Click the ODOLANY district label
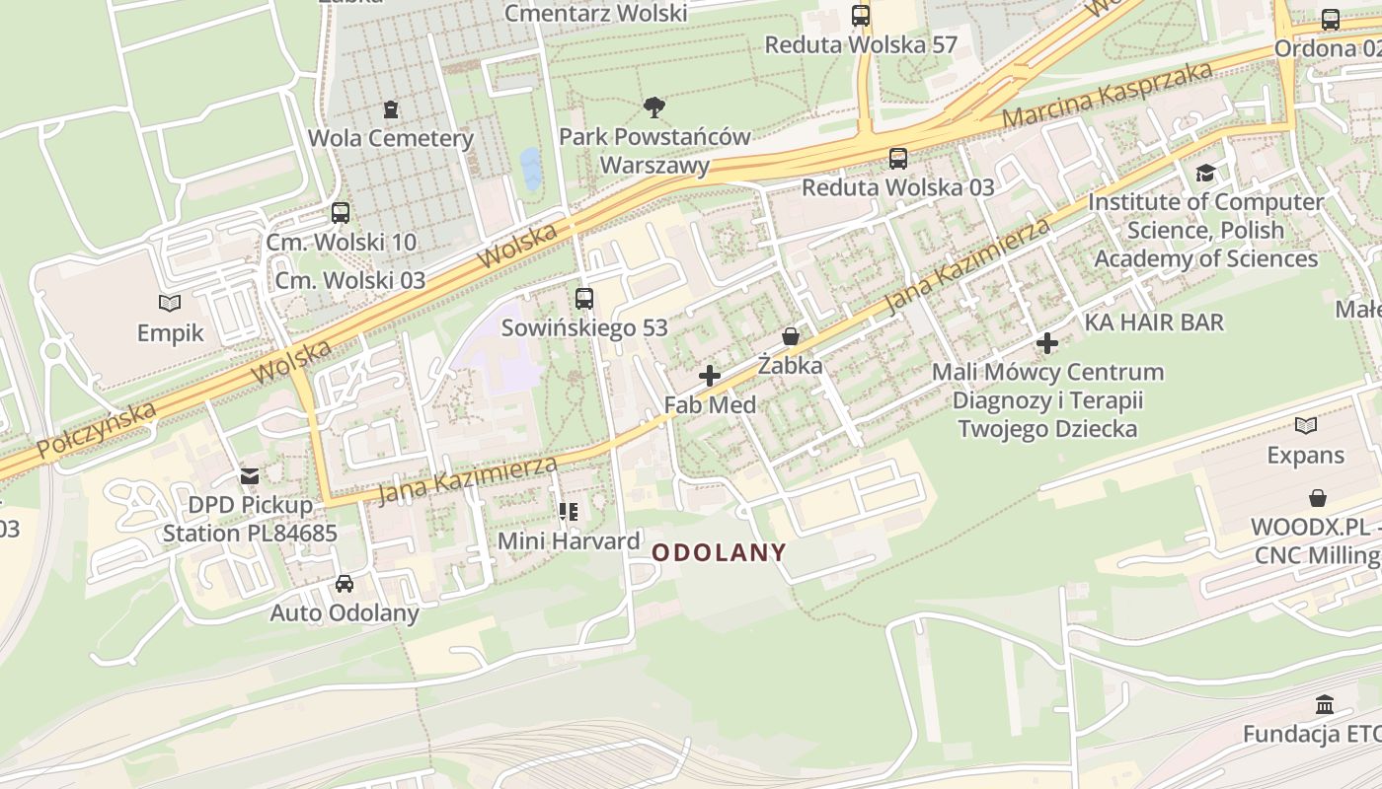pos(719,553)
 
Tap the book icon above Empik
pos(170,304)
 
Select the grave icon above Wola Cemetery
pos(391,108)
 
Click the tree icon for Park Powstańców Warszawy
pos(654,107)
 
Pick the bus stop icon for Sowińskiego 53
pos(584,298)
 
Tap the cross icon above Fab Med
pos(709,376)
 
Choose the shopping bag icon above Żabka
pos(790,336)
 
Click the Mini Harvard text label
pos(569,541)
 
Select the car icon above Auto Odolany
pos(345,584)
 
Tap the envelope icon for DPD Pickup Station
pos(250,476)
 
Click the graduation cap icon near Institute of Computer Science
pos(1205,174)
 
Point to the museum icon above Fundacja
pos(1325,705)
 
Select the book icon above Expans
pos(1306,426)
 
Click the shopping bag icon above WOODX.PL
pos(1317,498)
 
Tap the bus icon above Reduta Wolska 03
pos(898,158)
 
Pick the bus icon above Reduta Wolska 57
pos(861,16)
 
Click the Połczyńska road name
pos(97,430)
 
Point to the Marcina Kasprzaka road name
pos(1107,96)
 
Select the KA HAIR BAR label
pos(1154,323)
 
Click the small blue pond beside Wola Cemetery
pos(531,169)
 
